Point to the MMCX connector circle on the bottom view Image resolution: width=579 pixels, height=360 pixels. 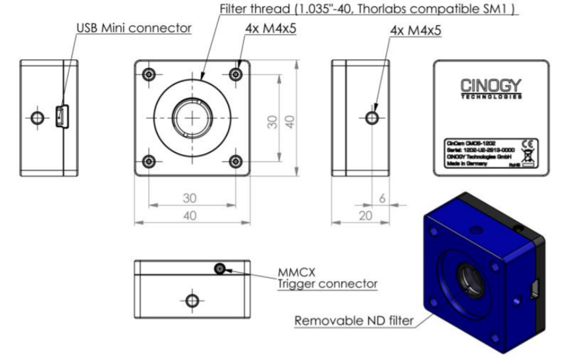pyautogui.click(x=219, y=269)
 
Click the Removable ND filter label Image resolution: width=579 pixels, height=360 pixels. pyautogui.click(x=354, y=321)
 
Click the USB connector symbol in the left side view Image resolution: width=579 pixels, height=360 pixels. pyautogui.click(x=59, y=117)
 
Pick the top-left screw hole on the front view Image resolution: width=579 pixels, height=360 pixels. pyautogui.click(x=150, y=74)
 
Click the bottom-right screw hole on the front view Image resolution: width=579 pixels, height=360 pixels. pyautogui.click(x=235, y=161)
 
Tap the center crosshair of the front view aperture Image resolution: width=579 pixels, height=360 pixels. pyautogui.click(x=192, y=117)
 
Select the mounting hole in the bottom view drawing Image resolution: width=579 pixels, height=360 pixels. pyautogui.click(x=192, y=300)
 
